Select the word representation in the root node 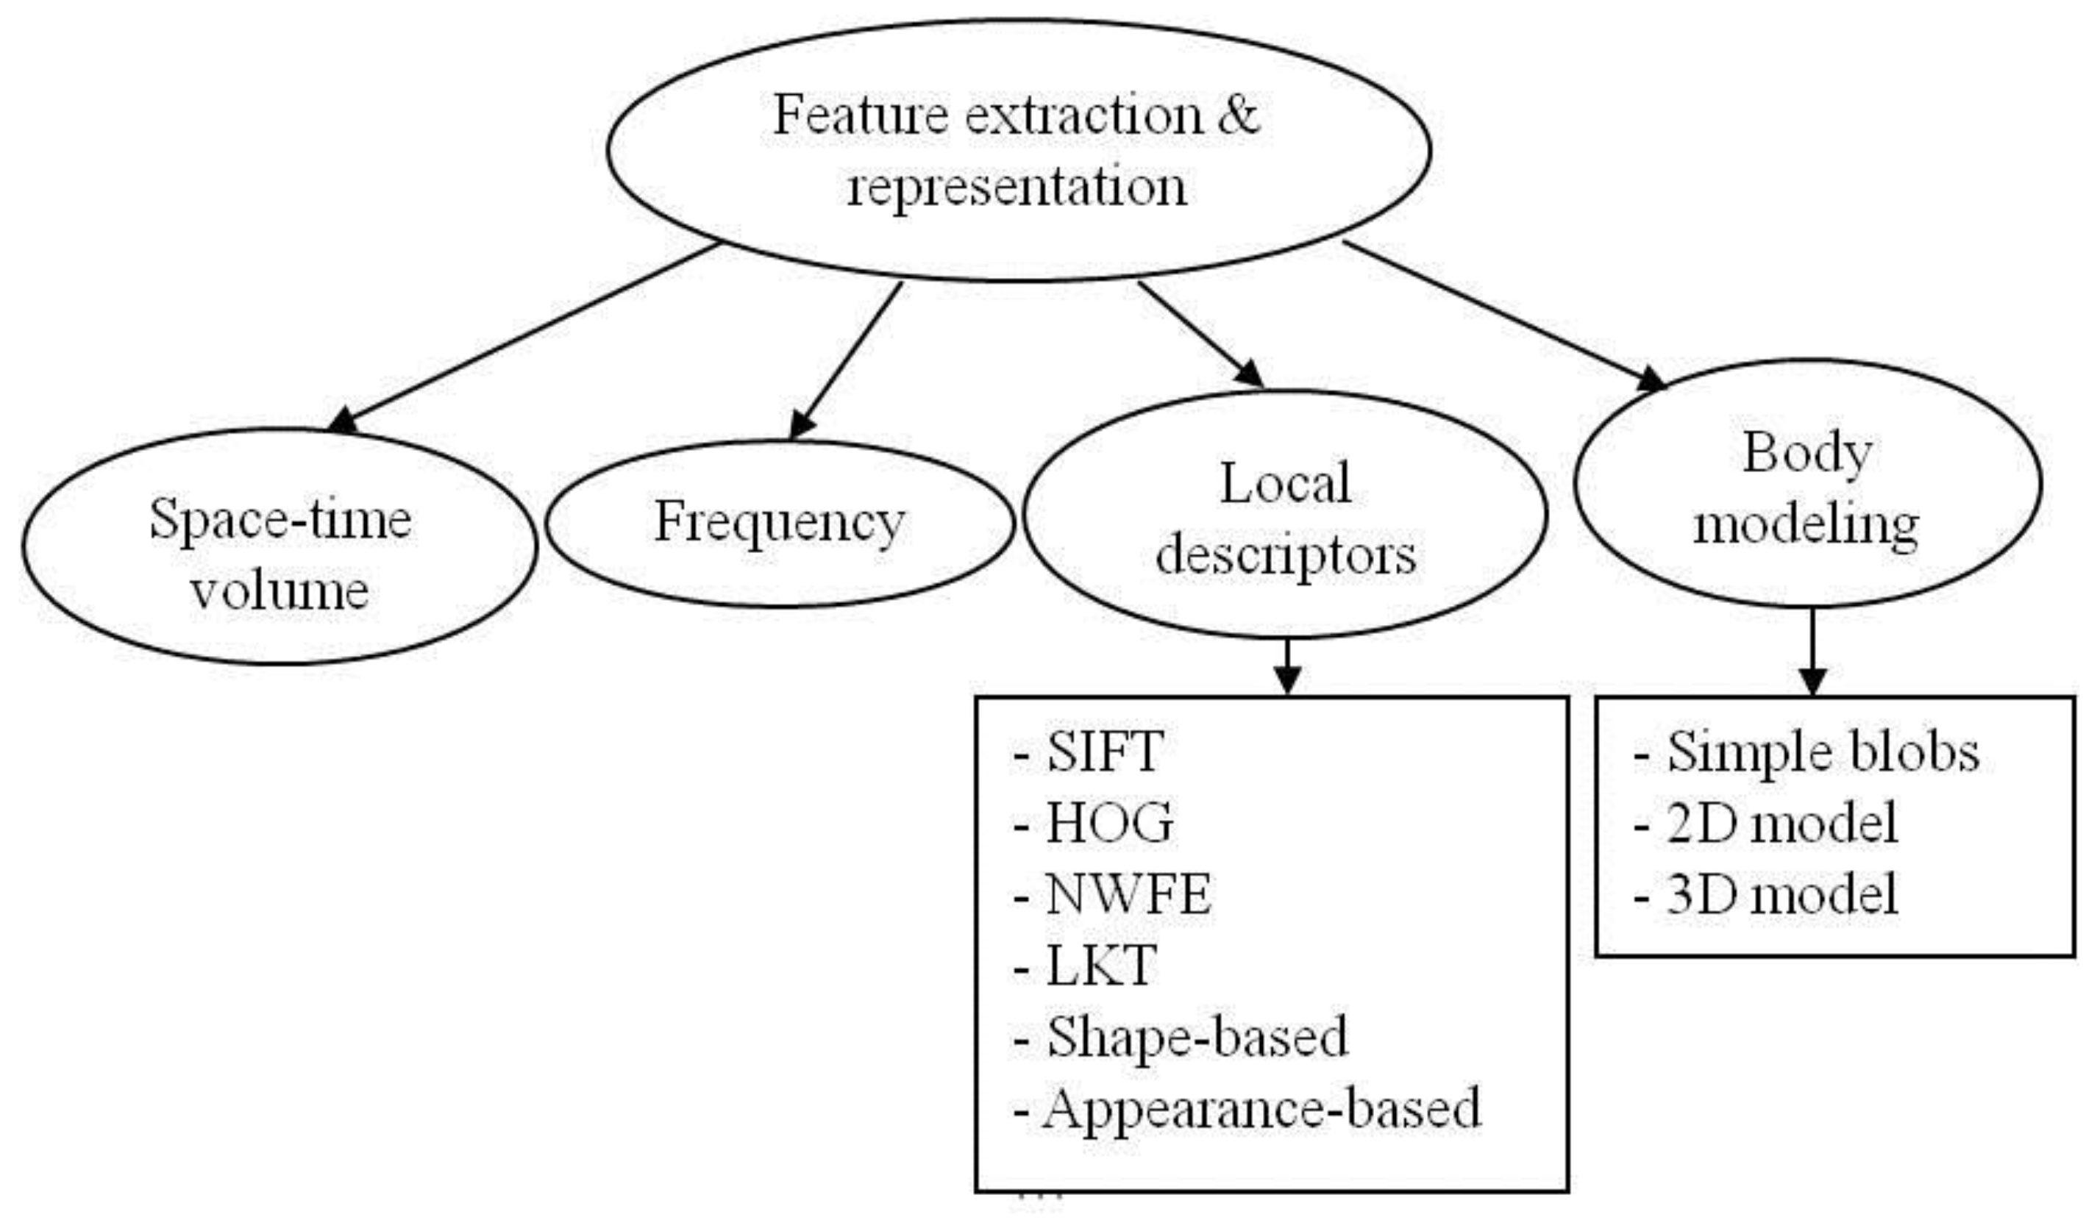click(1017, 186)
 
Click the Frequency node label click(780, 524)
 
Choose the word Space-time click(281, 519)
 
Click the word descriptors click(1286, 555)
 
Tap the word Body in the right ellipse click(1807, 454)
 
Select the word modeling click(1806, 525)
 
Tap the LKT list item click(1084, 965)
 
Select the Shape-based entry click(1181, 1037)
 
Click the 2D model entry click(1765, 824)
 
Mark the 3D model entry click(1765, 895)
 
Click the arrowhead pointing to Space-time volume click(343, 421)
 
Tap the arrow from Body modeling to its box click(1813, 652)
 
